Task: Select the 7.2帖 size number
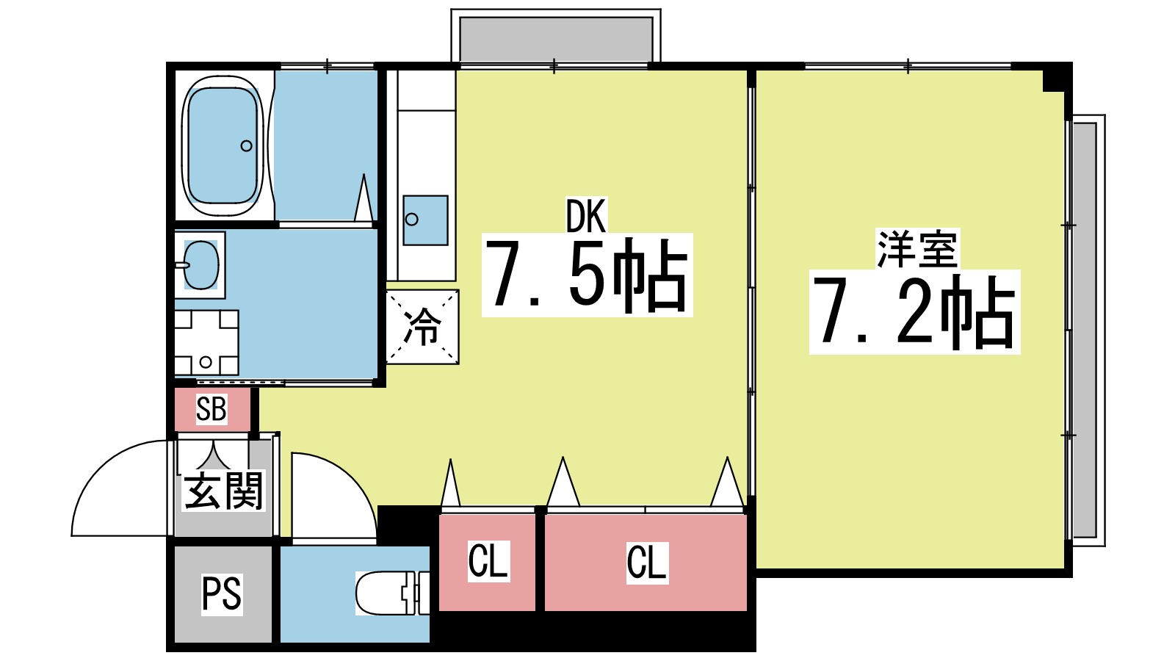(914, 312)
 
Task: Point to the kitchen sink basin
(425, 220)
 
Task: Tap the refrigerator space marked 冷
(422, 327)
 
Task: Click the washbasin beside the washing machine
(200, 264)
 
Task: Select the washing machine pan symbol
(206, 342)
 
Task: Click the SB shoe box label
(211, 409)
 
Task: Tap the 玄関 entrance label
(223, 490)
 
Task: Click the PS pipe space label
(222, 593)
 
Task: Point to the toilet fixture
(389, 593)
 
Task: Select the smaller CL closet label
(488, 562)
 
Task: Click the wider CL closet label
(646, 563)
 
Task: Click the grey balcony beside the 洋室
(1085, 330)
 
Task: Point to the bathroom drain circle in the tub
(247, 145)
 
